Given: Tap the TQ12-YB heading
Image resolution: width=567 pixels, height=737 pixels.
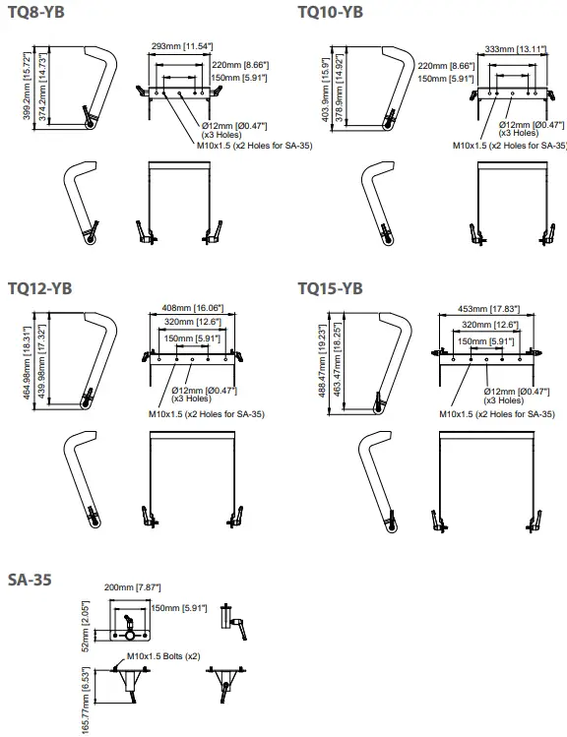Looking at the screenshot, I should click(x=39, y=288).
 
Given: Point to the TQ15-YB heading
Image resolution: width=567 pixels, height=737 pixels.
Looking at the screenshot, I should click(x=330, y=288).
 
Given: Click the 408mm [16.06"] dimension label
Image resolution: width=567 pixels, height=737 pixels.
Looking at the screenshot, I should click(x=190, y=308).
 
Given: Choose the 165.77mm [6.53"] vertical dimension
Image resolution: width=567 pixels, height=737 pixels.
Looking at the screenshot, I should click(x=85, y=701).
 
